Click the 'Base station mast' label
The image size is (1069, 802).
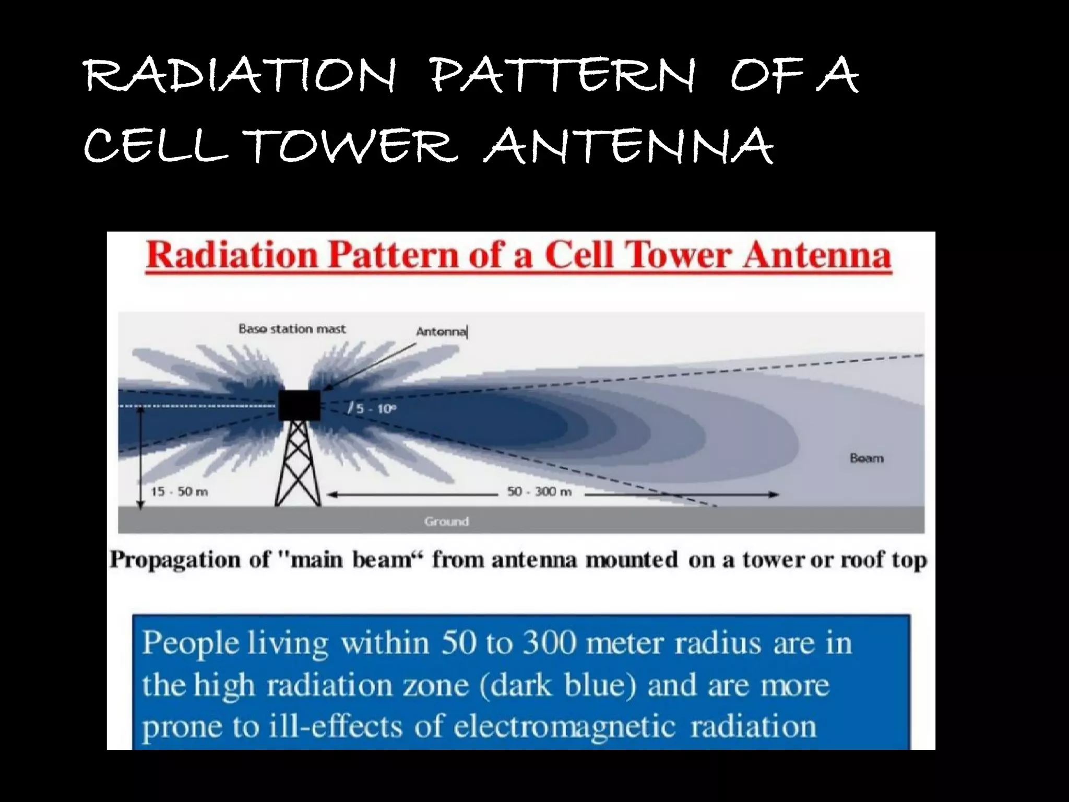point(292,329)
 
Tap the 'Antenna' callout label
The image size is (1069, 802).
point(441,332)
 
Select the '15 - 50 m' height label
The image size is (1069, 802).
point(179,492)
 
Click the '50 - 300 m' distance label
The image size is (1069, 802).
point(539,492)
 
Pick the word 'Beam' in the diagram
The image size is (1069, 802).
point(866,458)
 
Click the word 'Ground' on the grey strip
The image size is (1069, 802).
point(446,521)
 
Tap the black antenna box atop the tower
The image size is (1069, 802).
point(299,405)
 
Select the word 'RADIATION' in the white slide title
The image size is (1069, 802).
point(240,77)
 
